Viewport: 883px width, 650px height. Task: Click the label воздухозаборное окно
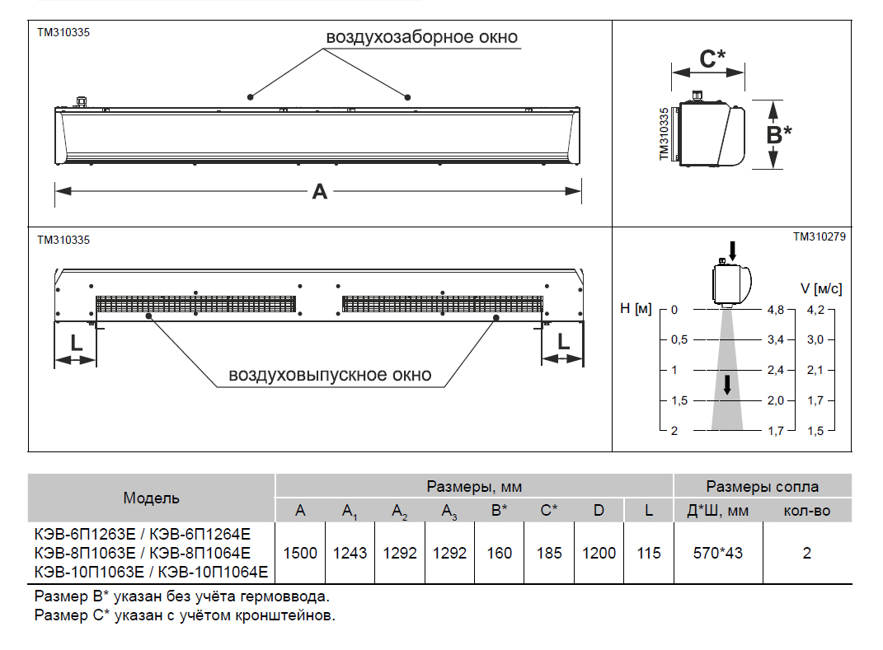421,37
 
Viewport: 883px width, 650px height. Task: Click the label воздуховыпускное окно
329,375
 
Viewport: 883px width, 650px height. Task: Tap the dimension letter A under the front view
319,191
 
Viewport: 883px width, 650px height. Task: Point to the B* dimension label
778,134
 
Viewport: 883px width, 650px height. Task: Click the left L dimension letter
76,341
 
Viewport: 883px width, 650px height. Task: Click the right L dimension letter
563,341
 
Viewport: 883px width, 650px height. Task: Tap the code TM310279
819,236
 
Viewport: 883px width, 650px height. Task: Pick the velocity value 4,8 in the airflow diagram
775,310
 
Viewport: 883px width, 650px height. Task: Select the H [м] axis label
636,309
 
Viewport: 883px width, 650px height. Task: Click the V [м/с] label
821,288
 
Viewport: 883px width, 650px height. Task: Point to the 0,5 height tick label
679,339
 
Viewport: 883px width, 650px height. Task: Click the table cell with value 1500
300,553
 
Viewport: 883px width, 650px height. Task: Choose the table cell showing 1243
350,553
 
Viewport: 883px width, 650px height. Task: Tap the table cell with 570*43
717,553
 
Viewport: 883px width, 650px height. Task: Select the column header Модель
151,498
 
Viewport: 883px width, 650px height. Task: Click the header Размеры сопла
763,486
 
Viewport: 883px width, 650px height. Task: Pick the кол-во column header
806,511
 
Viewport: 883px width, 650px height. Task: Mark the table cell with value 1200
599,553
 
